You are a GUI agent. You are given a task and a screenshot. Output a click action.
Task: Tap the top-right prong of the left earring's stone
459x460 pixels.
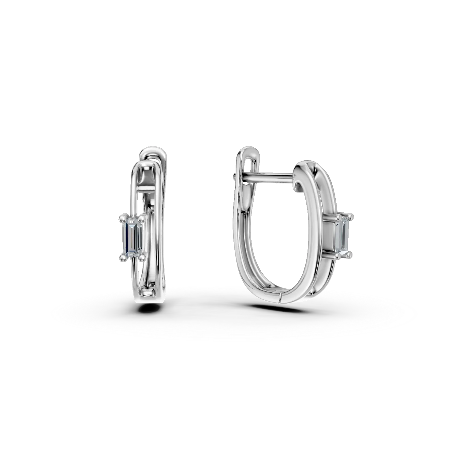[x=142, y=219]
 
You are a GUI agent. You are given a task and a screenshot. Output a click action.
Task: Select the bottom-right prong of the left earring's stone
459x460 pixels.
[x=141, y=258]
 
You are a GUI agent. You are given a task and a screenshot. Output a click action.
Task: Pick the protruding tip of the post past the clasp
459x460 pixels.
[x=235, y=176]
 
